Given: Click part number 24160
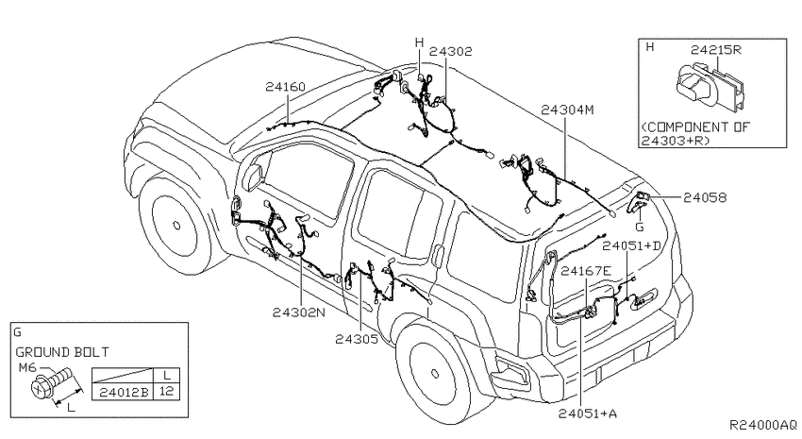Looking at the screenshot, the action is click(x=285, y=87).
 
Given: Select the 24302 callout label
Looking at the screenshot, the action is click(x=451, y=52).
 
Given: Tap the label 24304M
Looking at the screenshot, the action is click(x=567, y=110).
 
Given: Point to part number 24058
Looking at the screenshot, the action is click(x=704, y=197).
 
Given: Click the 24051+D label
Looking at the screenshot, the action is click(x=631, y=246).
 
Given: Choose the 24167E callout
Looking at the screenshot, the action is click(x=586, y=271).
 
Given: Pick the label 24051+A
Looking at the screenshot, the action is click(x=587, y=414).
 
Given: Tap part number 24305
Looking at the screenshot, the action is click(x=357, y=339).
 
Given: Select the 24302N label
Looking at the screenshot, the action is click(x=299, y=312).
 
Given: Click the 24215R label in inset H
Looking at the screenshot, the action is click(x=716, y=50).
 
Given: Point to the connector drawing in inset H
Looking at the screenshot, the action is click(x=710, y=87).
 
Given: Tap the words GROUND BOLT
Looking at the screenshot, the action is click(x=62, y=352).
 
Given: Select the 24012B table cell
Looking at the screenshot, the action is click(x=124, y=393).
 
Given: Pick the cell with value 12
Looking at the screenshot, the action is click(x=167, y=393).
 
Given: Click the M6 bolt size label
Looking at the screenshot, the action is click(x=27, y=368).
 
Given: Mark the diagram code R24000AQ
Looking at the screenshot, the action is click(x=762, y=425).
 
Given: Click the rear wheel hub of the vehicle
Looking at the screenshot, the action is click(x=435, y=374).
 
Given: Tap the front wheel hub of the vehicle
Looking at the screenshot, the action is click(x=176, y=225).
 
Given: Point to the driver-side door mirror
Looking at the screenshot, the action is click(x=253, y=177).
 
